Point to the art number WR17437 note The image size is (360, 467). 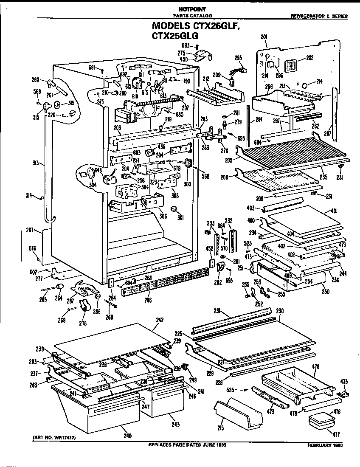coord(57,437)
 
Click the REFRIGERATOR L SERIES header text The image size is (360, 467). coord(319,16)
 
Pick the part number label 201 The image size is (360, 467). coord(264,37)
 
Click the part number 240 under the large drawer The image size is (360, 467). coord(127,436)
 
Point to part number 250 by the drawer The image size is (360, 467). coord(326,293)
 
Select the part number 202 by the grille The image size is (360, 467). coord(309,58)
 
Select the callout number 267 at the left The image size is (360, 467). coord(29,231)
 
